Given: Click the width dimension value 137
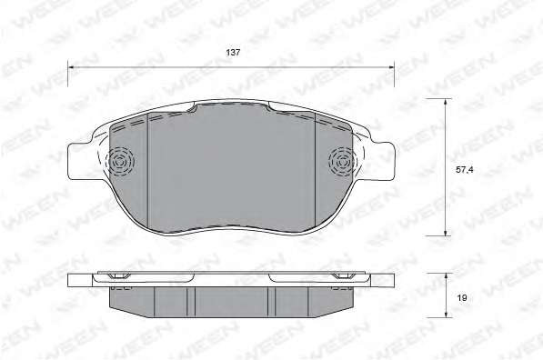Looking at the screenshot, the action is pyautogui.click(x=233, y=53).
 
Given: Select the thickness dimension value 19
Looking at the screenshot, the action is pyautogui.click(x=462, y=297).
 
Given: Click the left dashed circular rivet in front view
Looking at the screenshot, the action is pyautogui.click(x=120, y=161).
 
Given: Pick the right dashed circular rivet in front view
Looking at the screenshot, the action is pyautogui.click(x=342, y=161).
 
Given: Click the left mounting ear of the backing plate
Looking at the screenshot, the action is pyautogui.click(x=80, y=161).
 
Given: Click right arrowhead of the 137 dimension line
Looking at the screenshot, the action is pyautogui.click(x=392, y=66).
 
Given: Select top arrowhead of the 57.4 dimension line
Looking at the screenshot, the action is pyautogui.click(x=446, y=102).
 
